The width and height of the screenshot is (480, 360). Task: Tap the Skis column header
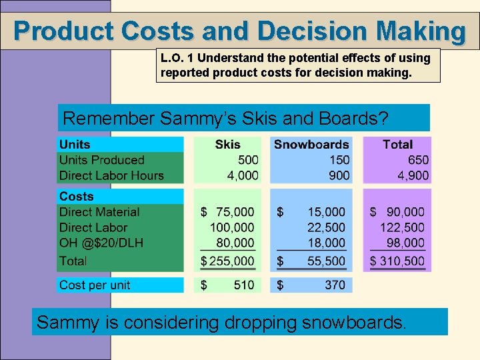pyautogui.click(x=228, y=145)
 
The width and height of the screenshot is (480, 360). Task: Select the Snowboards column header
pyautogui.click(x=311, y=145)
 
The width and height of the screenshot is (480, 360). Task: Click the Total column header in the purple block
pyautogui.click(x=397, y=145)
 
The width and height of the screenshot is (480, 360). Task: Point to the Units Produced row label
pyautogui.click(x=101, y=160)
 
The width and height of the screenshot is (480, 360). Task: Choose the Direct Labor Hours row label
pyautogui.click(x=111, y=176)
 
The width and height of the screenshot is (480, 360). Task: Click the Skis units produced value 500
pyautogui.click(x=248, y=160)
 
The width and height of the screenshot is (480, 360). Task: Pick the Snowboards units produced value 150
pyautogui.click(x=339, y=160)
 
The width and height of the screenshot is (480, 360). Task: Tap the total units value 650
pyautogui.click(x=418, y=160)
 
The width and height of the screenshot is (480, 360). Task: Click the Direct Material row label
pyautogui.click(x=99, y=212)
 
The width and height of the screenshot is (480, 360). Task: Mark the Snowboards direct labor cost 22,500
pyautogui.click(x=326, y=228)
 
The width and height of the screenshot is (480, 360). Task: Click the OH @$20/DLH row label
pyautogui.click(x=101, y=243)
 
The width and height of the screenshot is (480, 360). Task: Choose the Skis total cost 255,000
pyautogui.click(x=233, y=261)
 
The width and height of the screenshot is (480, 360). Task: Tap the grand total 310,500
pyautogui.click(x=403, y=261)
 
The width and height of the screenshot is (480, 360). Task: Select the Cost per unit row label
pyautogui.click(x=95, y=285)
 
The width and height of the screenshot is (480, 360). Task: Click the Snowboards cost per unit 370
pyautogui.click(x=335, y=285)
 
